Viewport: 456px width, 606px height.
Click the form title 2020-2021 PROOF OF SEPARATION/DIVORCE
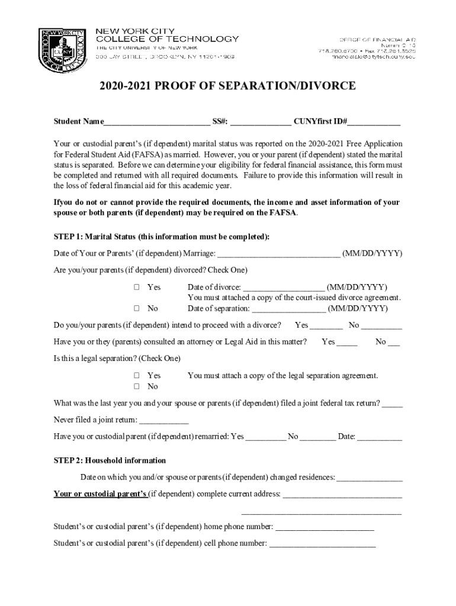click(227, 86)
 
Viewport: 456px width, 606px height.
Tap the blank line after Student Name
click(156, 123)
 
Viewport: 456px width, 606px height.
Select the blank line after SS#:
click(260, 123)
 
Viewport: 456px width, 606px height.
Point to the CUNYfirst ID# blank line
click(374, 123)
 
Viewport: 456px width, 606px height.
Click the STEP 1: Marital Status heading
click(161, 237)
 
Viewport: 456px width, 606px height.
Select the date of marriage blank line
click(279, 254)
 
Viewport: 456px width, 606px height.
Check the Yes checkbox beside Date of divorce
click(136, 287)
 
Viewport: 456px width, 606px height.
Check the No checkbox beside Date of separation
click(136, 308)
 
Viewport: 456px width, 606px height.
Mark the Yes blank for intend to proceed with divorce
click(326, 326)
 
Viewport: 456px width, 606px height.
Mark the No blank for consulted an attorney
click(394, 343)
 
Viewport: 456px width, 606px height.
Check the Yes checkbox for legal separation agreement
click(136, 376)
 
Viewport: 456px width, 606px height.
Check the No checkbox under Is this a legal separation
click(136, 386)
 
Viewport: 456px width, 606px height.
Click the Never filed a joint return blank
click(163, 421)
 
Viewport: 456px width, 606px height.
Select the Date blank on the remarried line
click(380, 438)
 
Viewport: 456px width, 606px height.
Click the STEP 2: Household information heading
click(110, 460)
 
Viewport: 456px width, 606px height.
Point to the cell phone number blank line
click(322, 544)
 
